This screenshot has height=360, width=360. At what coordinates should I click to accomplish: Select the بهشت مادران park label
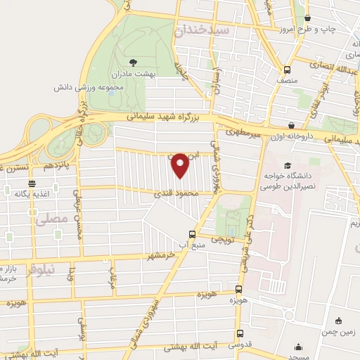[x=136, y=72]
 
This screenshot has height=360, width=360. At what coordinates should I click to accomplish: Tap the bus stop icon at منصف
[x=287, y=70]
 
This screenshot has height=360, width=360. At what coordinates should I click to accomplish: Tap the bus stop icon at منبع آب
[x=192, y=235]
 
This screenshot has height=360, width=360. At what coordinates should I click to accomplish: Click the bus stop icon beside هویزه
[x=239, y=288]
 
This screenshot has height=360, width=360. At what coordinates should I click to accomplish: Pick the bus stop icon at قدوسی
[x=240, y=334]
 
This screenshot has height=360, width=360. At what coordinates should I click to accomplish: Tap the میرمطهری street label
[x=244, y=132]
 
